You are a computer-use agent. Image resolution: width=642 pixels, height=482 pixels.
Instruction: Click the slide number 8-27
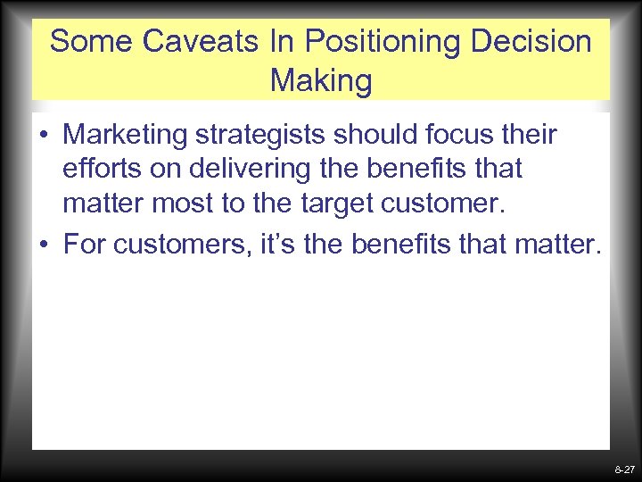point(624,469)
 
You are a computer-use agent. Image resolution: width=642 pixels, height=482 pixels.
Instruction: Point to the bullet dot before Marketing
point(44,137)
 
